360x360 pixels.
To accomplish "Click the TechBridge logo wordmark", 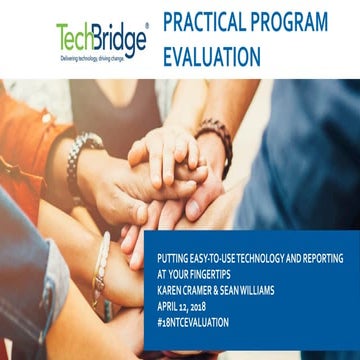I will point(100,39).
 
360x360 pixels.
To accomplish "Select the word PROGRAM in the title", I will point(294,21).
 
